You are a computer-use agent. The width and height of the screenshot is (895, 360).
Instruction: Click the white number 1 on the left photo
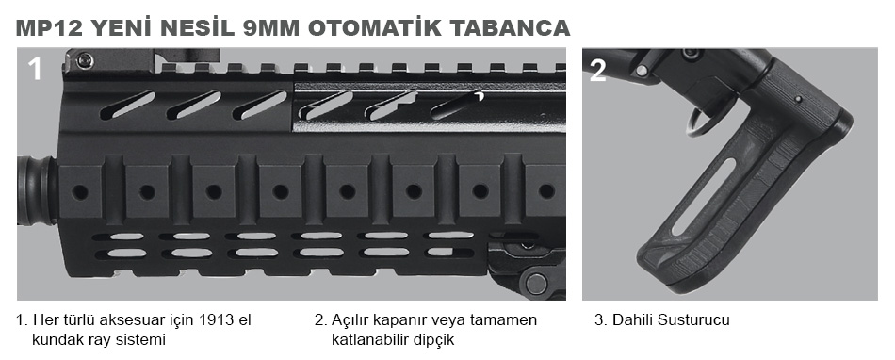click(x=35, y=69)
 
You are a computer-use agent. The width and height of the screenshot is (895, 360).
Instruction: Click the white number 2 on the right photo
click(x=597, y=71)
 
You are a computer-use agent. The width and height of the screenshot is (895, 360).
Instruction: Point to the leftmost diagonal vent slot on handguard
click(x=128, y=105)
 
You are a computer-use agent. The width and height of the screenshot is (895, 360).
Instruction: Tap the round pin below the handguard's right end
click(x=537, y=282)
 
